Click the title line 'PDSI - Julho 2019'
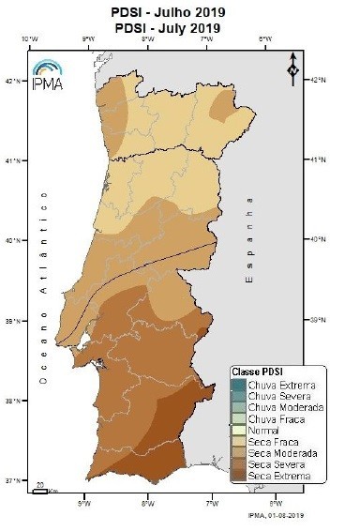coord(179,12)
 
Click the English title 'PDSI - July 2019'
coord(179,28)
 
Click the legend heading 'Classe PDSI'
coord(259,372)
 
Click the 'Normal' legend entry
coord(271,429)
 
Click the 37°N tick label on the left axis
coord(18,481)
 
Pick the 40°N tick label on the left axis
coord(18,240)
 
